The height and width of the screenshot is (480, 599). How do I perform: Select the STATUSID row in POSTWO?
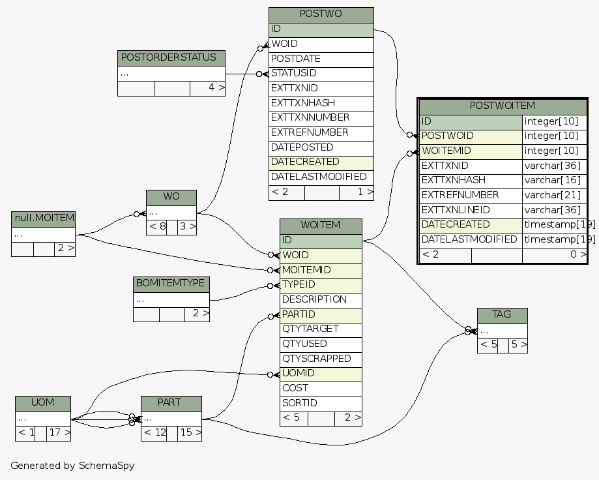pos(321,74)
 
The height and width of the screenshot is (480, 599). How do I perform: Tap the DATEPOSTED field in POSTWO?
pos(321,147)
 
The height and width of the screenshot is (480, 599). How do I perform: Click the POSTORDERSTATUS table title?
pos(171,57)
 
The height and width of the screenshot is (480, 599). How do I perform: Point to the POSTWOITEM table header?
pos(502,106)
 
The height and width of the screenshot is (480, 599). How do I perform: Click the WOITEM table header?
pos(321,226)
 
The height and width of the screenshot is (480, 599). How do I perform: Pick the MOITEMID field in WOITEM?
pos(321,270)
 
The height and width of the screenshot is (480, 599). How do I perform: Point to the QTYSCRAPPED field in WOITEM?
pos(321,359)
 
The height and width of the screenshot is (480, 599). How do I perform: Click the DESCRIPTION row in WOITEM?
pos(321,299)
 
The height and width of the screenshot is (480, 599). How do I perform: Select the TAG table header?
pos(502,315)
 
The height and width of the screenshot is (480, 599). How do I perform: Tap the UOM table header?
pos(43,403)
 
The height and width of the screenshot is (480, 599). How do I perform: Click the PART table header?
pos(171,403)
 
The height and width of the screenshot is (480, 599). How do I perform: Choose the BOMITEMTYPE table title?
pos(171,284)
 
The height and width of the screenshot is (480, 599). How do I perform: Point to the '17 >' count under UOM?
pos(59,432)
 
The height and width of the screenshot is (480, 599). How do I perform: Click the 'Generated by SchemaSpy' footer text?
pos(72,466)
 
